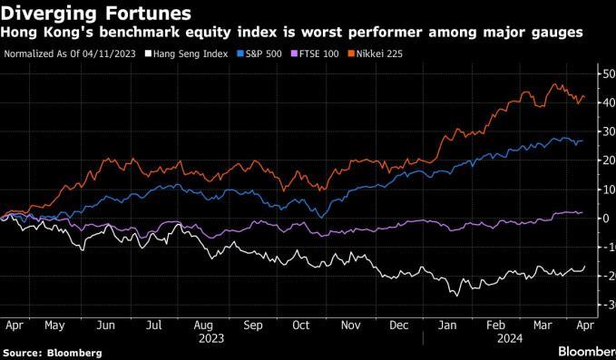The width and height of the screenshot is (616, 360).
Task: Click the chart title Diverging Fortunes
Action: [x=96, y=14]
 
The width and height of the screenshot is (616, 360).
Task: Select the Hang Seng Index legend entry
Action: [x=186, y=54]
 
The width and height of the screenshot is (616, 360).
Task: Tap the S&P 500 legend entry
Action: [x=259, y=54]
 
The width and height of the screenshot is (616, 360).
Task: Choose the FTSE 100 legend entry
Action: [x=314, y=54]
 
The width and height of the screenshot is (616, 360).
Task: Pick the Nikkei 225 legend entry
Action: [x=376, y=54]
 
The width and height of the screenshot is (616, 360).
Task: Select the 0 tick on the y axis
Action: [x=605, y=219]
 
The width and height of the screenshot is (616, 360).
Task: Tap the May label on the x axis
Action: [x=54, y=326]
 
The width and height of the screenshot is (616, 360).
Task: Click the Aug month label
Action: [x=203, y=326]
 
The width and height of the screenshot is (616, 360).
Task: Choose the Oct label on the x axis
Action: [x=301, y=326]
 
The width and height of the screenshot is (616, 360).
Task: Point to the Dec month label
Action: [x=399, y=326]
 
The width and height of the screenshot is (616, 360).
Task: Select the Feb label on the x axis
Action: [x=495, y=326]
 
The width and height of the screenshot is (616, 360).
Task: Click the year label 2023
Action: [x=211, y=338]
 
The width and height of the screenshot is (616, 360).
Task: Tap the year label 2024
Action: [x=510, y=338]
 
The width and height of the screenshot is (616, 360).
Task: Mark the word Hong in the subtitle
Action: [x=18, y=33]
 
